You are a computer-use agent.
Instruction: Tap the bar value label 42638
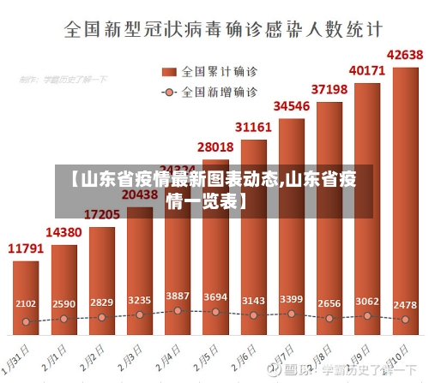[x=405, y=56]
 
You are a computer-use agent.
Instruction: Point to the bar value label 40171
[x=366, y=70]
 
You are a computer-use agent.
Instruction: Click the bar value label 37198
[x=329, y=88]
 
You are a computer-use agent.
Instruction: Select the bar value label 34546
[x=291, y=106]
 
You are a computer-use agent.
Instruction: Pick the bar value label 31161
[x=253, y=127]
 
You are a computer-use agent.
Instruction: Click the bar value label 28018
[x=214, y=147]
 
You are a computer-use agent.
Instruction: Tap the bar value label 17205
[x=101, y=213]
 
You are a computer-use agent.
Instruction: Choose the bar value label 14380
[x=63, y=232]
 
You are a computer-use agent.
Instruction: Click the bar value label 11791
[x=26, y=248]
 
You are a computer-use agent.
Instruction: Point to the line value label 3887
[x=178, y=296]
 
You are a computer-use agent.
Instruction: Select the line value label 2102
[x=26, y=303]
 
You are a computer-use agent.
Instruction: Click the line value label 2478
[x=405, y=303]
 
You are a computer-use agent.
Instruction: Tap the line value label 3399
[x=291, y=299]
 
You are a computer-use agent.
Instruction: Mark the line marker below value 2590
[x=63, y=319]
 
